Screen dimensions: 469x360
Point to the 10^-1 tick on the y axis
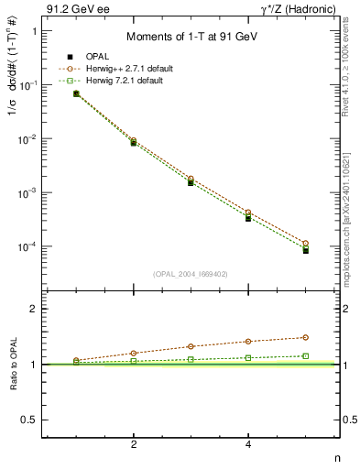tap(25, 84)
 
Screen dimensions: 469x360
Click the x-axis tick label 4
tap(249, 445)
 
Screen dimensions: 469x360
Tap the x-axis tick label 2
tap(134, 445)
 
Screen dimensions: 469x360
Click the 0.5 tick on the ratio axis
tap(28, 420)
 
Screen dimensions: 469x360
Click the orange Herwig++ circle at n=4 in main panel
tap(248, 213)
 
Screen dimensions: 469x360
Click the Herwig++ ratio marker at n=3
tap(191, 346)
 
